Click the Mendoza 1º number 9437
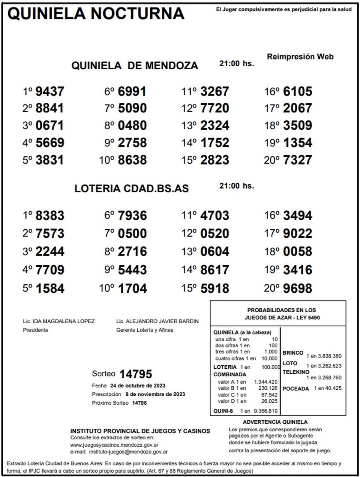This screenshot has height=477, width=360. [50, 92]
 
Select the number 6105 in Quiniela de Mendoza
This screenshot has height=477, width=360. [297, 92]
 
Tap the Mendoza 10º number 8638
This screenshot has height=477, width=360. [132, 160]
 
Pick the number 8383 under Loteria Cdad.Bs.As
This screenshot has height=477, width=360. [50, 216]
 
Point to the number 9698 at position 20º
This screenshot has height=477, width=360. [297, 288]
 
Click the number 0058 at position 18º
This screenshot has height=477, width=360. [297, 252]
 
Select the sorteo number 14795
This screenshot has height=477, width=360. [136, 374]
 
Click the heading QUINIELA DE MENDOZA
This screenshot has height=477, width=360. [135, 66]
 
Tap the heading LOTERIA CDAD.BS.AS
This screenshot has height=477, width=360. [131, 189]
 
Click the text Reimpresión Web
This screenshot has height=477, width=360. [300, 57]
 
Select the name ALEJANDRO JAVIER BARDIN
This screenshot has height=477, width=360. [162, 321]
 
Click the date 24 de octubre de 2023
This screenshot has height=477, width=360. [138, 386]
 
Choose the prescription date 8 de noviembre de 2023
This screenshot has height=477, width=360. [155, 394]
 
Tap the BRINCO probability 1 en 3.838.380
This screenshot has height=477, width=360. [324, 356]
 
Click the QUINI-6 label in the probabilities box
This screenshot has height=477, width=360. [223, 411]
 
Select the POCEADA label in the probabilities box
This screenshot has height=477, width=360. [295, 389]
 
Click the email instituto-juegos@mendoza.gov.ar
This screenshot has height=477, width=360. [128, 452]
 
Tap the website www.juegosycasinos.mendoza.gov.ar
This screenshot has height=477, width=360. [114, 445]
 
